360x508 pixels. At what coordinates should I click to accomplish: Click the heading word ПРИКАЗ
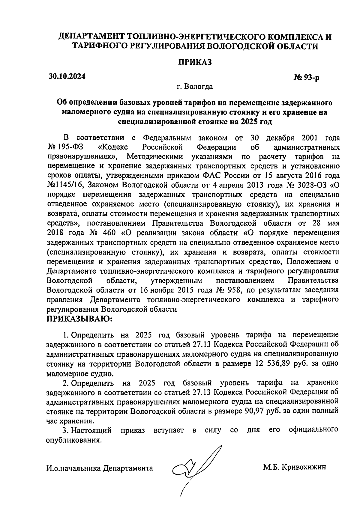click(x=195, y=62)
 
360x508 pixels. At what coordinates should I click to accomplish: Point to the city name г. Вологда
click(x=195, y=87)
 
